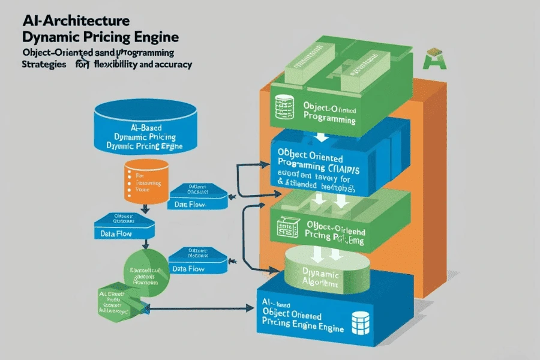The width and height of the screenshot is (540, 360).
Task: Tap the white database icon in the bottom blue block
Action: [x=359, y=323]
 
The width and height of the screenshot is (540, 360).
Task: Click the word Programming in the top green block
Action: [x=329, y=120]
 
